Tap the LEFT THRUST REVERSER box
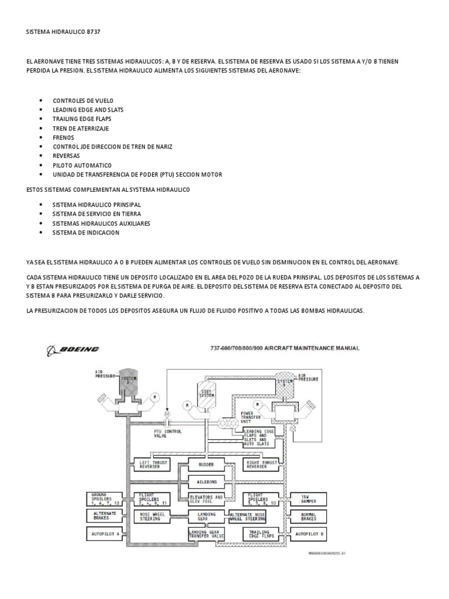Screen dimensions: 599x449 click(x=152, y=465)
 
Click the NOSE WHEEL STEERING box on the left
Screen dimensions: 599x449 click(x=152, y=516)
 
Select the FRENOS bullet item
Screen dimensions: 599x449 click(x=63, y=137)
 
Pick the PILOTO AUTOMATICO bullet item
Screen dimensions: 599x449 click(x=82, y=165)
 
